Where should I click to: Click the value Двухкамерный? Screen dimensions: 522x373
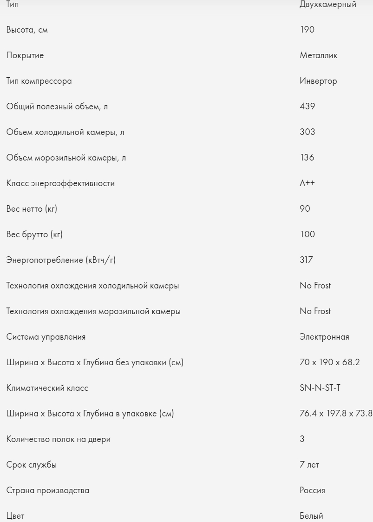(x=328, y=5)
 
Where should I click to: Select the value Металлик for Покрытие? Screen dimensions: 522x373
(x=319, y=56)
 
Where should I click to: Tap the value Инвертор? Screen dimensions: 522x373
(x=318, y=81)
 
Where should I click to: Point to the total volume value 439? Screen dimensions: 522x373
(x=308, y=107)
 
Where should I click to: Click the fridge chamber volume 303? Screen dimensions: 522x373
(x=308, y=132)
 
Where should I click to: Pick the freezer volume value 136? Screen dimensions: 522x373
(x=307, y=158)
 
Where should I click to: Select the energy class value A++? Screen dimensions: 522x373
(x=307, y=183)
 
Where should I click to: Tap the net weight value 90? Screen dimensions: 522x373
(x=305, y=209)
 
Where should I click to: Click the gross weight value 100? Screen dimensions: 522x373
(x=307, y=234)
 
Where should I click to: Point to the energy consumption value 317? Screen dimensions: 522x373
(x=307, y=260)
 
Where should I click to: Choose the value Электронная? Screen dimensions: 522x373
(x=324, y=337)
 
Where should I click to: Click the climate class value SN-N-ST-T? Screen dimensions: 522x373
(x=320, y=388)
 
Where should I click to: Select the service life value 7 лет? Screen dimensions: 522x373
(x=309, y=464)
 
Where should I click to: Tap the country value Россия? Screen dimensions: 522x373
(x=312, y=490)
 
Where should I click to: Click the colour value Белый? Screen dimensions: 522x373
(x=311, y=515)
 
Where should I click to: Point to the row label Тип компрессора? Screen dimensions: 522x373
(x=39, y=81)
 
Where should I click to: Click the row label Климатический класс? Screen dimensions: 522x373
(x=47, y=388)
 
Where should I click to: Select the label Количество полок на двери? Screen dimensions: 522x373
(x=59, y=439)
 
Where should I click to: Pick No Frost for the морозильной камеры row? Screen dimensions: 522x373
(x=315, y=311)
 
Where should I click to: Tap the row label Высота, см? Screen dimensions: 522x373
(x=27, y=30)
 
